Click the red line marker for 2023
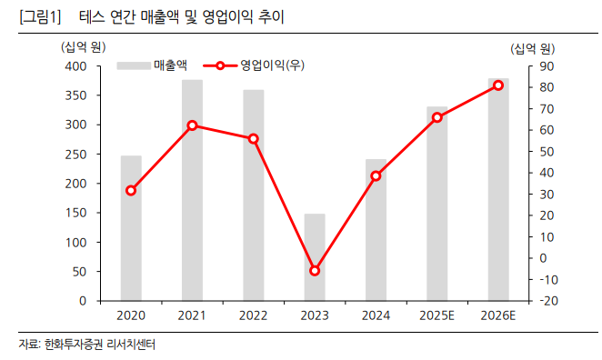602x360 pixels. point(315,270)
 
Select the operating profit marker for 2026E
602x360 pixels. point(497,85)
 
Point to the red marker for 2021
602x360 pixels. point(192,125)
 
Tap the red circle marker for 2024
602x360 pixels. point(376,175)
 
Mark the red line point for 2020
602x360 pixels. point(131,190)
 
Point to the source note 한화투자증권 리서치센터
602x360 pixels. point(101,345)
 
